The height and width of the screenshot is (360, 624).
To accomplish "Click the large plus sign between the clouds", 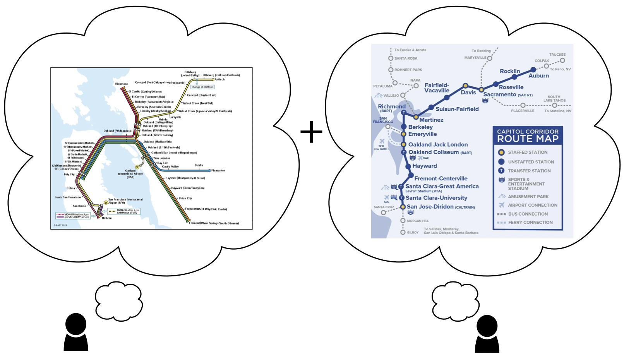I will (x=311, y=132).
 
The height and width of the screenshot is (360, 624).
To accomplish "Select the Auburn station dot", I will (x=533, y=70).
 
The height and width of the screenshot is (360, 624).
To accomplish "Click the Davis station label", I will (x=468, y=93).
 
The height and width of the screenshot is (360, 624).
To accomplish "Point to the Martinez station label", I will (x=431, y=120).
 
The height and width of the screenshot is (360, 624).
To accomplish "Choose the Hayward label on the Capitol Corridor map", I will (x=424, y=166).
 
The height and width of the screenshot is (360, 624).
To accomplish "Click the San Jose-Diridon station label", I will (x=430, y=207).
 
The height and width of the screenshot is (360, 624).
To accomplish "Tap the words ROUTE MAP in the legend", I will (x=528, y=139).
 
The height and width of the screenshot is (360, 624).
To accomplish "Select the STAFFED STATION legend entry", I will (x=528, y=153).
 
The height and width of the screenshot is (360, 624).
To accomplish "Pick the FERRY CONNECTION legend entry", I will (x=530, y=223).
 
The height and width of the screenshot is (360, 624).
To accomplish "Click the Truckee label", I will (x=557, y=55).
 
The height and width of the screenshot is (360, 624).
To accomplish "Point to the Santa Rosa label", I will (x=406, y=58).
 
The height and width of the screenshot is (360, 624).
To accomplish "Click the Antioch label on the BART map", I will (x=219, y=79).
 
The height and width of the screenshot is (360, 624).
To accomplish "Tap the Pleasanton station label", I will (x=218, y=171).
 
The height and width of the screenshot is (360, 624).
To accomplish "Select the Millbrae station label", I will (x=106, y=218).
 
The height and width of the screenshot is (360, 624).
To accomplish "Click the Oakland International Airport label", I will (x=130, y=174).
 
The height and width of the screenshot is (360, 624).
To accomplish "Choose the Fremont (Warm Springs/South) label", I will (x=214, y=223).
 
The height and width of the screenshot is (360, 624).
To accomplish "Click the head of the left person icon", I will (x=76, y=324).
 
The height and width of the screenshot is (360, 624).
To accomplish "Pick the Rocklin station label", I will (x=509, y=71).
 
